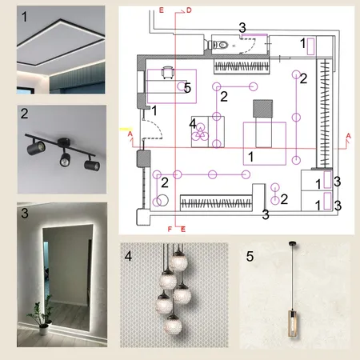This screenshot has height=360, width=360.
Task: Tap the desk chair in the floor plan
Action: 168,73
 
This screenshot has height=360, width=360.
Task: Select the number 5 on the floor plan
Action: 187,88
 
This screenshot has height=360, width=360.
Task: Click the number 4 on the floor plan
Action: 193,123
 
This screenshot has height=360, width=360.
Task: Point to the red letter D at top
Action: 189,10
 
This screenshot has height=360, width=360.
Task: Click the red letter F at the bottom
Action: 170,229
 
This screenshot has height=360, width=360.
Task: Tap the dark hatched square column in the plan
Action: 263,109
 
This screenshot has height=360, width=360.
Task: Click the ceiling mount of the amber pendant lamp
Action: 293,243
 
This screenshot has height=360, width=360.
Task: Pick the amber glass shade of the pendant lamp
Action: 293,323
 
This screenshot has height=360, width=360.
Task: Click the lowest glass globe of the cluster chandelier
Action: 173,325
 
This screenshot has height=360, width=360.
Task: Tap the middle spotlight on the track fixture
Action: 65,158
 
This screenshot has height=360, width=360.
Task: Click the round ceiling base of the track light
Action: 64,142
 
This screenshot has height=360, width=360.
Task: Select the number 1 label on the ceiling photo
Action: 24,17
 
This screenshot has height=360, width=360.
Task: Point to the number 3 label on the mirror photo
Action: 25,213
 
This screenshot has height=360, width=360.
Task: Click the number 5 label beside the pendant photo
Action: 250,256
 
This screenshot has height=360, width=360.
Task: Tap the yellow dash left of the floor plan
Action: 126,130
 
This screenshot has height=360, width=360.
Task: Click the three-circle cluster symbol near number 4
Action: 200,133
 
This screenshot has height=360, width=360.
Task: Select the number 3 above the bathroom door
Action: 242,27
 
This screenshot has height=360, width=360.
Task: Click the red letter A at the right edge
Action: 348,136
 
